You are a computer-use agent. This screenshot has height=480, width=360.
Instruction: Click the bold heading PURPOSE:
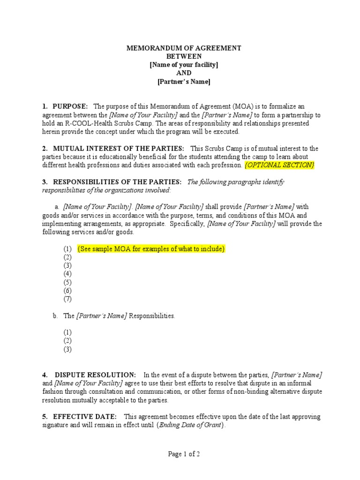pyautogui.click(x=70, y=107)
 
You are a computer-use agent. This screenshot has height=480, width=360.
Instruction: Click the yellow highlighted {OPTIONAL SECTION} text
pyautogui.click(x=279, y=165)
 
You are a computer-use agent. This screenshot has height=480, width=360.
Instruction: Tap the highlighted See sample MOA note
pyautogui.click(x=151, y=248)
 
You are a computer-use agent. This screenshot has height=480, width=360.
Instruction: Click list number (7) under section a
pyautogui.click(x=68, y=299)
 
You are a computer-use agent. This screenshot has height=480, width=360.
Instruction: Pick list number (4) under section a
pyautogui.click(x=68, y=274)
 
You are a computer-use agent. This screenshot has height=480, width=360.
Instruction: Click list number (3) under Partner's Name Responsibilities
pyautogui.click(x=68, y=349)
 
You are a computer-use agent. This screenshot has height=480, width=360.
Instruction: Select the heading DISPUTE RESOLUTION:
pyautogui.click(x=96, y=375)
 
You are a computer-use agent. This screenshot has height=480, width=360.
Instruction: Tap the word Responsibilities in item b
pyautogui.click(x=151, y=316)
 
